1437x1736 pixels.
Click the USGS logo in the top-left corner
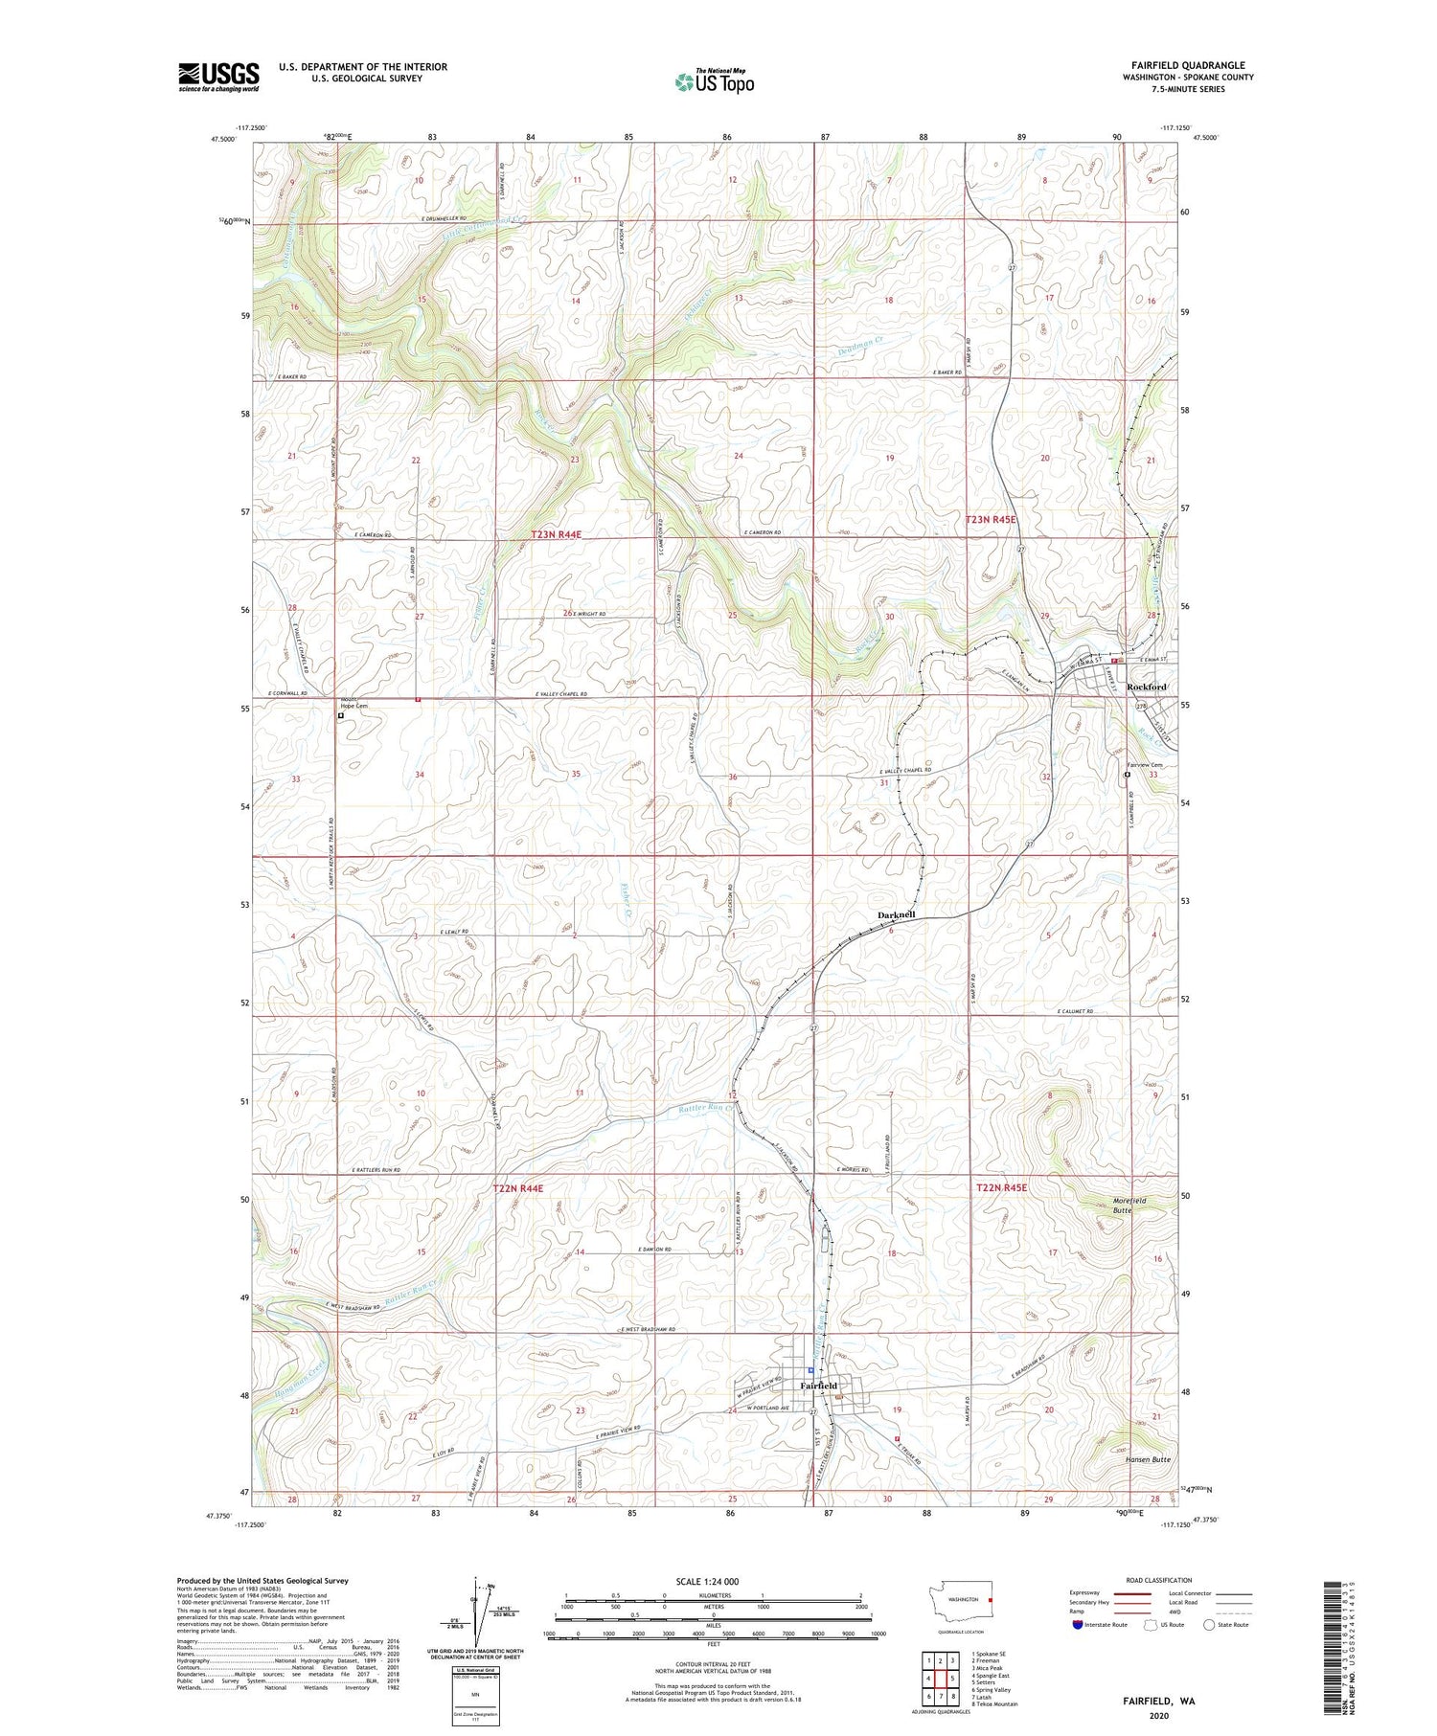point(218,77)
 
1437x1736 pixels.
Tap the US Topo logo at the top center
point(714,81)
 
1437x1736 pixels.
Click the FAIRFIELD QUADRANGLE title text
point(1191,65)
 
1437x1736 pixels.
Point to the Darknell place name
point(896,915)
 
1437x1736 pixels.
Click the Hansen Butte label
point(1148,1459)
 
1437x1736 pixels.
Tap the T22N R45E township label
point(1001,1187)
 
